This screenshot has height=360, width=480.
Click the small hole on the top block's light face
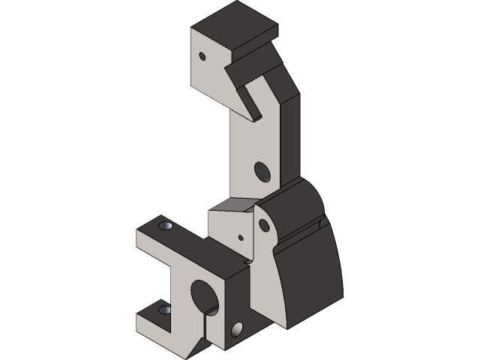pos(202,55)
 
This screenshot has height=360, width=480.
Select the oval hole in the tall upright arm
pos(261,172)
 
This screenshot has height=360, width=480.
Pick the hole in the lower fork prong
pos(164,309)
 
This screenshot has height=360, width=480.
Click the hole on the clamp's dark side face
pos(238,329)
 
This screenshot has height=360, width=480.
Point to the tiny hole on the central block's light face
pos(241,237)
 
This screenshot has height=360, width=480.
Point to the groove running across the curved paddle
pos(300,233)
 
